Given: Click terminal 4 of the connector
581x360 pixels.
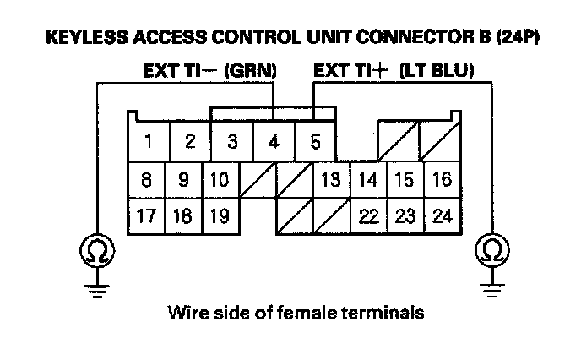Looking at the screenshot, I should click(273, 141).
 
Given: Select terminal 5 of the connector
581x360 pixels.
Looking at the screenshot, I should click(315, 141).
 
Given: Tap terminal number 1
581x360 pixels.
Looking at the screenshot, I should click(148, 141).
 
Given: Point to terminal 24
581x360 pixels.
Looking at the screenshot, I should click(442, 215).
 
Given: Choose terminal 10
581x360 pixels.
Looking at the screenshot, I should click(219, 179).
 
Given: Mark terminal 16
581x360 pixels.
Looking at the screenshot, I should click(442, 179).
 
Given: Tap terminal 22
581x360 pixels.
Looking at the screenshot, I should click(367, 215).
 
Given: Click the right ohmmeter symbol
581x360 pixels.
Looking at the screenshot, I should click(491, 249).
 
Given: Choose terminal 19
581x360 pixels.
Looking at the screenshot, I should click(219, 215).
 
